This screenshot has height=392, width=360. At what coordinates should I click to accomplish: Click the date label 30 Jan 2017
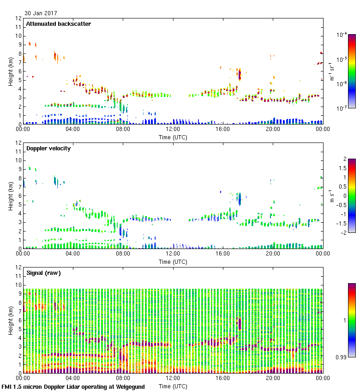coord(41,13)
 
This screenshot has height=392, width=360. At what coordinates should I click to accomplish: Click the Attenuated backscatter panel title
coord(58,24)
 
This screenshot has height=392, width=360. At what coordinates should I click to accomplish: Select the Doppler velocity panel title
coord(48,148)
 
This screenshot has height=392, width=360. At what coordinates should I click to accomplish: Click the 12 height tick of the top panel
coord(19,18)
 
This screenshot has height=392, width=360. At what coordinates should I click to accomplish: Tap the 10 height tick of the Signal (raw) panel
coord(19,285)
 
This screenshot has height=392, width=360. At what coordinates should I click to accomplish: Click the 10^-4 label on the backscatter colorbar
coord(342,35)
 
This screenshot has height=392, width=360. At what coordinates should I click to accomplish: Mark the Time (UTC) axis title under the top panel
coord(173,137)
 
